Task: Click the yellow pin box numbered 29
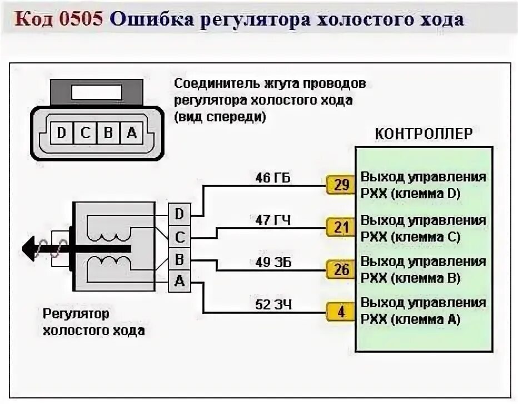tap(341, 185)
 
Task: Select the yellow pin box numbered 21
tap(341, 227)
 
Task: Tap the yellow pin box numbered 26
tap(341, 270)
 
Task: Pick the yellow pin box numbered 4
tap(341, 312)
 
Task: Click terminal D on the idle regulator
tap(180, 214)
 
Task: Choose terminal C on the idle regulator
tap(180, 237)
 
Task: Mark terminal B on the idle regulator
tap(180, 259)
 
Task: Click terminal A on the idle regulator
tap(180, 282)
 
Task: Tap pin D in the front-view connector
tap(61, 133)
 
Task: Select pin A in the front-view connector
tap(131, 133)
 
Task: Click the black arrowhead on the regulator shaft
tap(30, 247)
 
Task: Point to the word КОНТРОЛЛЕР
tap(424, 134)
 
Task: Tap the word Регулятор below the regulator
tap(76, 313)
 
